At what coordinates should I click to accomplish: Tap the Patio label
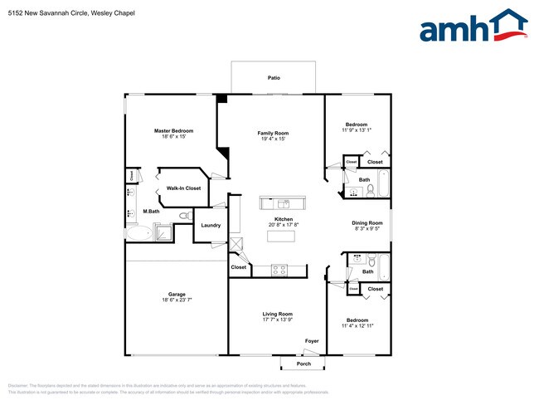point(273,78)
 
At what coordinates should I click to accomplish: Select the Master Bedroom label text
point(173,131)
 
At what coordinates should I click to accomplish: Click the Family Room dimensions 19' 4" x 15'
point(273,139)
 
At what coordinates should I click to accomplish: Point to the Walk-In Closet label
point(183,188)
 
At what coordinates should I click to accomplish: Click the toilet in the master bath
point(184,215)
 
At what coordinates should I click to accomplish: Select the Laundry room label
point(211,225)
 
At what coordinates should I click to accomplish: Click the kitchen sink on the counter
point(282,202)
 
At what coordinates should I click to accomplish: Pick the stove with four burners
point(279,269)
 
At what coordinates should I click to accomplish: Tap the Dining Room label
point(367,222)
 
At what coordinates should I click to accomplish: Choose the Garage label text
point(177,294)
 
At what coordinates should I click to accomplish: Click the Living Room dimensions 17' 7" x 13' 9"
point(278,320)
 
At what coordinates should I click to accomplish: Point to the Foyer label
point(311,341)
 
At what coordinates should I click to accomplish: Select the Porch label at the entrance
point(303,363)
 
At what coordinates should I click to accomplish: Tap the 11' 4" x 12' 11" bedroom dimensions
point(357,325)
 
